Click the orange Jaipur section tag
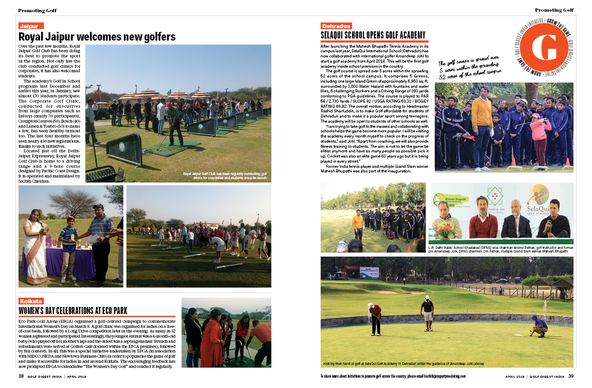(x=31, y=26)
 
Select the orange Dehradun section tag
(x=337, y=26)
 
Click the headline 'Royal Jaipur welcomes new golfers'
(x=97, y=37)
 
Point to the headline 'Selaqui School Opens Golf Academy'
(x=373, y=35)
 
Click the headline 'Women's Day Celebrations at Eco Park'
(x=73, y=311)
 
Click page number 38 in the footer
(x=22, y=376)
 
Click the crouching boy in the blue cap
(x=539, y=325)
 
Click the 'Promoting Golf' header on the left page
(x=38, y=10)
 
